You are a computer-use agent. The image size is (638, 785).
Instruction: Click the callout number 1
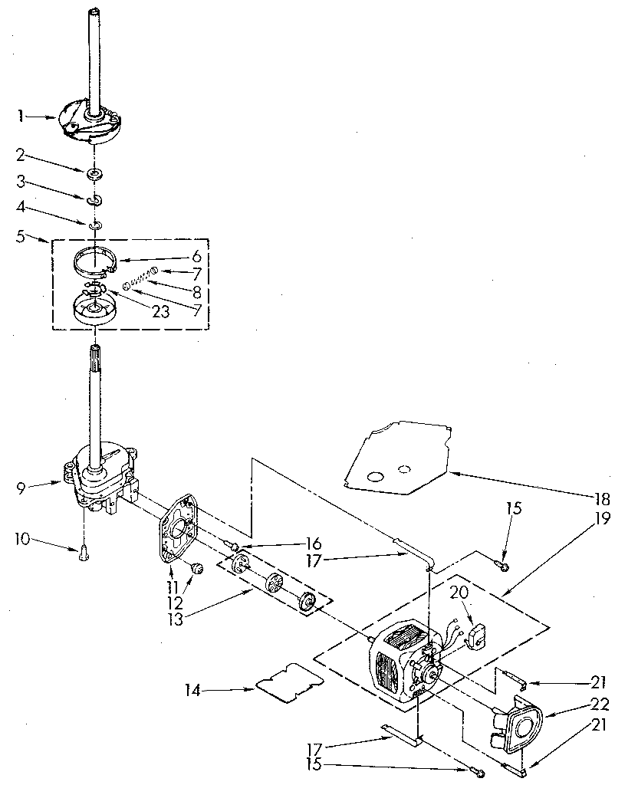[21, 117]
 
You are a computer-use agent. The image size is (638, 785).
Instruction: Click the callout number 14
[193, 690]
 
